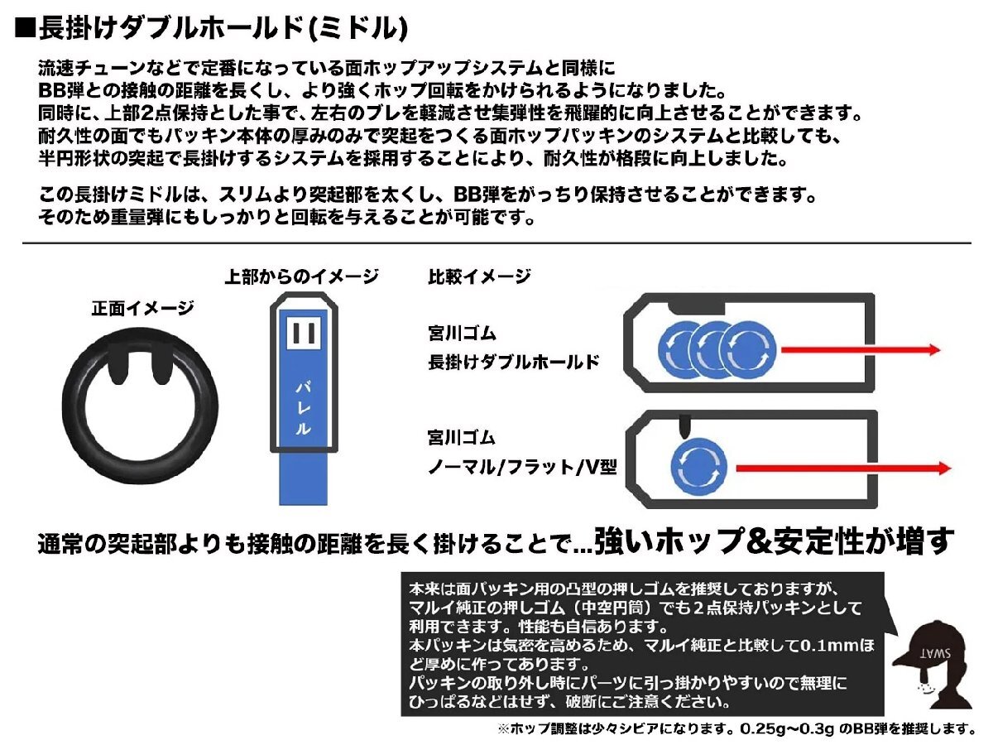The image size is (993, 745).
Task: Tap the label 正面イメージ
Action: pyautogui.click(x=142, y=309)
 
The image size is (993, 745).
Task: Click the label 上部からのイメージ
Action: pyautogui.click(x=301, y=276)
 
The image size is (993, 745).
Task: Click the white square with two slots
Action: pyautogui.click(x=303, y=335)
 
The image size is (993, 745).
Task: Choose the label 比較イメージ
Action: pyautogui.click(x=478, y=276)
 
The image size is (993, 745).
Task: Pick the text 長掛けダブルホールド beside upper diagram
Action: pyautogui.click(x=513, y=362)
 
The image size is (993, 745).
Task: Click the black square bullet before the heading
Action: pyautogui.click(x=25, y=30)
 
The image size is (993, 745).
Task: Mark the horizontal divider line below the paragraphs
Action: pyautogui.click(x=496, y=243)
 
